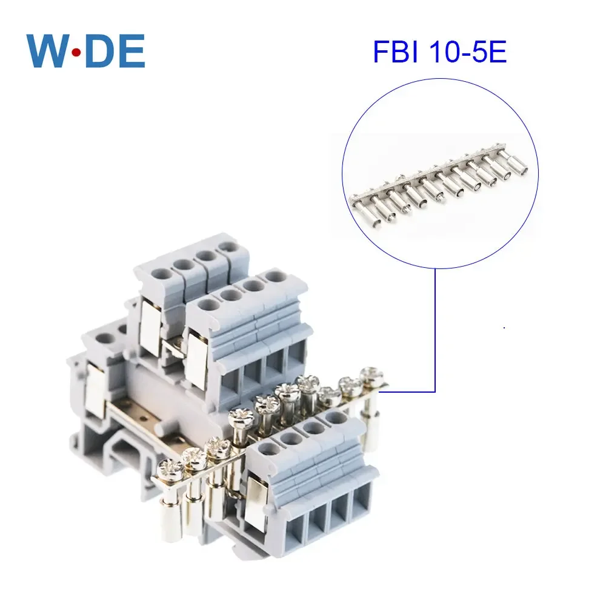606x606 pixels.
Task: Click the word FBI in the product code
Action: [x=393, y=53]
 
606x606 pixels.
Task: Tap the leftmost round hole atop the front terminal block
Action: [x=265, y=450]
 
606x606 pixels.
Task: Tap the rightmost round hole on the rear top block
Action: [x=227, y=247]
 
